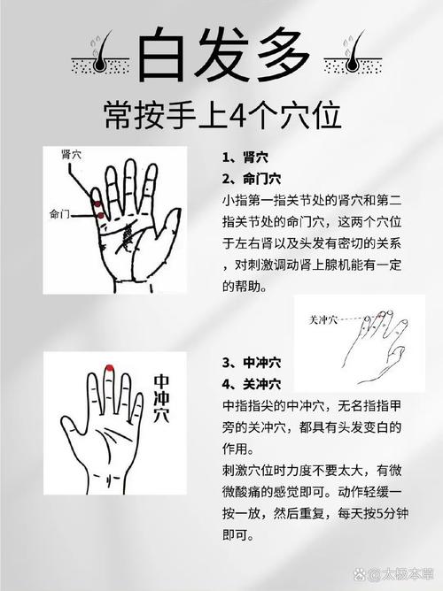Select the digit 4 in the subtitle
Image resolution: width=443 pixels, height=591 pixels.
tap(243, 115)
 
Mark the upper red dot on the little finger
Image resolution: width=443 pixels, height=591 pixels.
tap(97, 204)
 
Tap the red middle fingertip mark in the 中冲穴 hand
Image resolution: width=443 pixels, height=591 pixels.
tap(108, 369)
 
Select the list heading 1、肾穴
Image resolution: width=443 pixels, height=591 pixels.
tap(245, 158)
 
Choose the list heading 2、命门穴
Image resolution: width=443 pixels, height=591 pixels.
tap(252, 178)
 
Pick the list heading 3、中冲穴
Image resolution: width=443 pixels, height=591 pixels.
tap(252, 363)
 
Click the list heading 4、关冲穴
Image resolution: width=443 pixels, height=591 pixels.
tap(252, 383)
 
